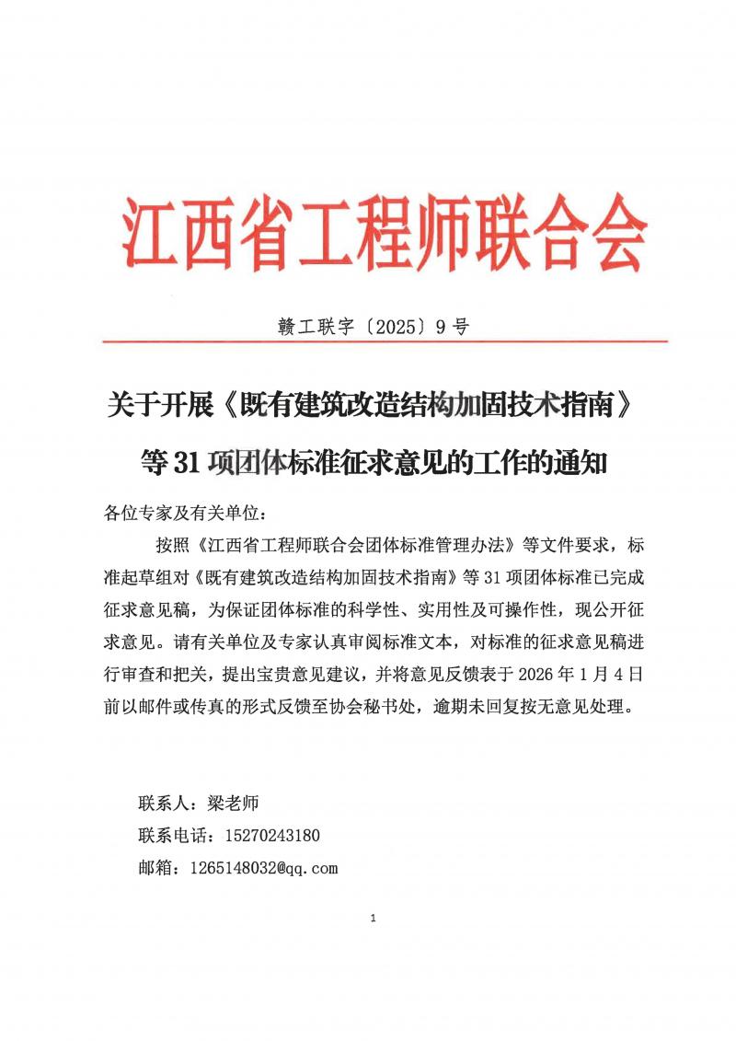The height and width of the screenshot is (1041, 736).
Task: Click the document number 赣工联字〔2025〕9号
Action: click(x=374, y=326)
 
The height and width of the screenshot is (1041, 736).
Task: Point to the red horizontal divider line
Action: click(x=385, y=341)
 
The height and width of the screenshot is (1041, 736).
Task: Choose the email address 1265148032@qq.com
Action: click(x=264, y=867)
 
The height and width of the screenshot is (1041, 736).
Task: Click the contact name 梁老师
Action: click(x=229, y=804)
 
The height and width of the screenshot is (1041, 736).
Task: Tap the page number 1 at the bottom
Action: click(x=373, y=918)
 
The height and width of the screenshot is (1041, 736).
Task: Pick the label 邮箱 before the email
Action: click(x=155, y=867)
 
